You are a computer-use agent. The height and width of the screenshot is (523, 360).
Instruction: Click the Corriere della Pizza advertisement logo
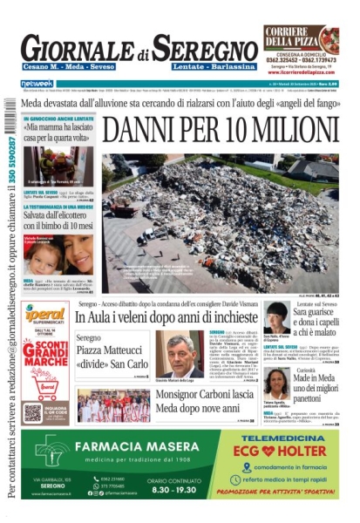pos(301,39)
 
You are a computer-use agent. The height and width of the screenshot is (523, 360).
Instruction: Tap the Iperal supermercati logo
pos(44,314)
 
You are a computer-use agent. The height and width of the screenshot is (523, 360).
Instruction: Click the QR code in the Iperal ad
pos(32,411)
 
